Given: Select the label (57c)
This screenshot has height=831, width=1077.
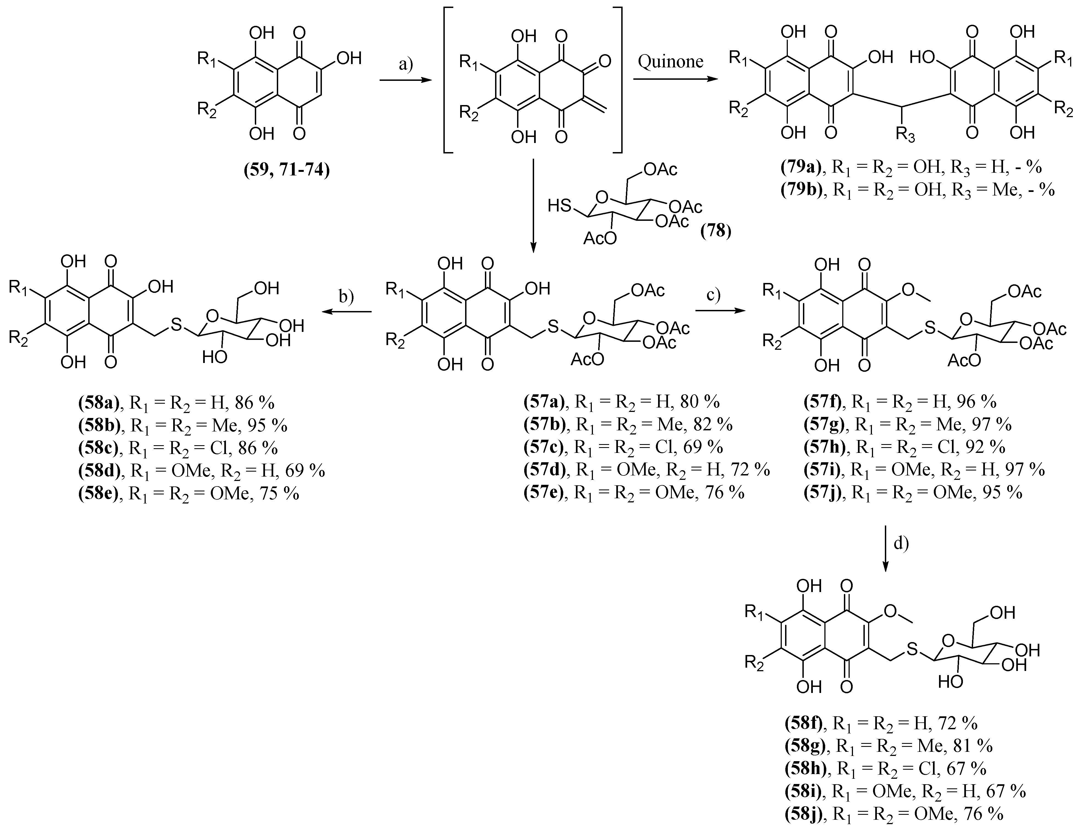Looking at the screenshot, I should tap(545, 447).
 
